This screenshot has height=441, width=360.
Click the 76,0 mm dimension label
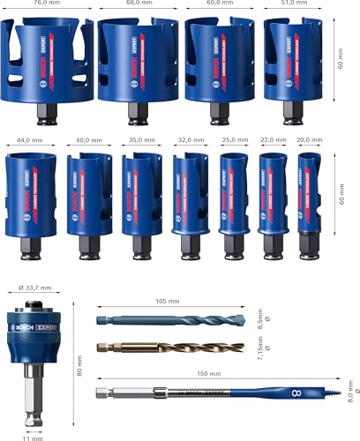pos(46,4)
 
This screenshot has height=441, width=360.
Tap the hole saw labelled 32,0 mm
pos(185,198)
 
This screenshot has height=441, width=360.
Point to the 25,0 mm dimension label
pos(231,138)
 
